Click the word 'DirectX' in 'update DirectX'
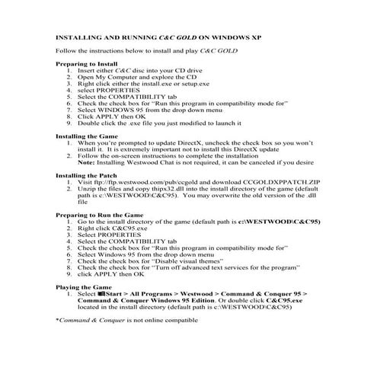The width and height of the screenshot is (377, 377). point(196,142)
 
